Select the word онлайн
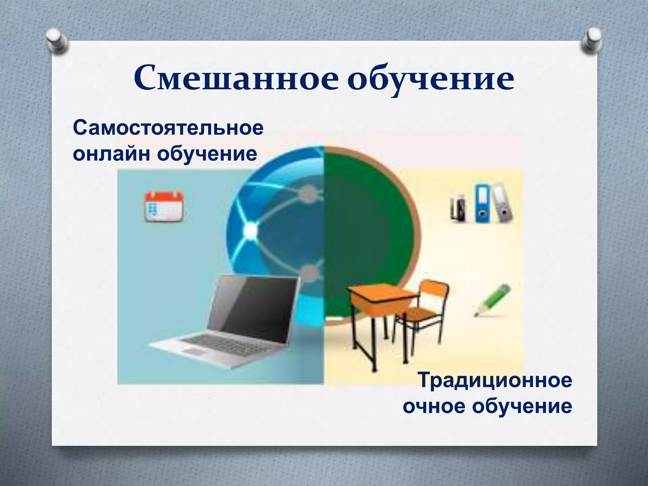click(x=111, y=154)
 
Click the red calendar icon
click(x=164, y=206)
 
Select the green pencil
click(x=492, y=300)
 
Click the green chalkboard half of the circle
click(x=367, y=228)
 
